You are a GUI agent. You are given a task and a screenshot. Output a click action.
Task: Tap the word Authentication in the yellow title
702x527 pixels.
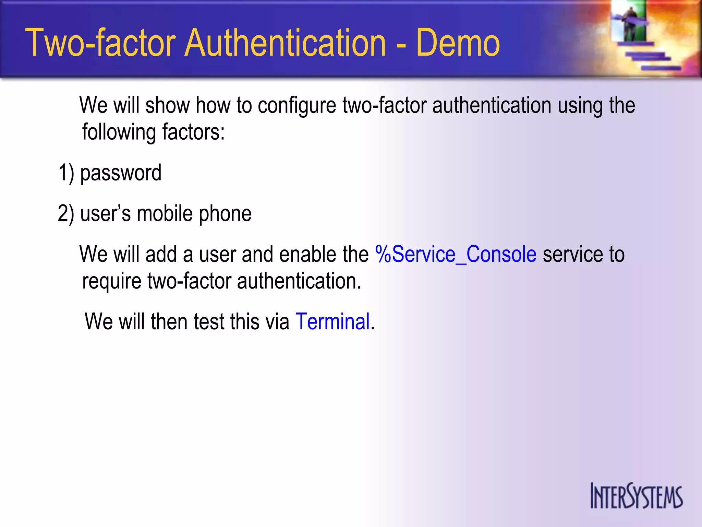coord(285,43)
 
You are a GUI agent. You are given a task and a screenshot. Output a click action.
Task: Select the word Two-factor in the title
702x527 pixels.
coord(101,43)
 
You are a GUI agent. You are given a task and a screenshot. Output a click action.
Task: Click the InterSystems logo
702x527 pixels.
coord(636,495)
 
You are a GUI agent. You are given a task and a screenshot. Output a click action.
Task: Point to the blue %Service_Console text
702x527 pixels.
coord(456,254)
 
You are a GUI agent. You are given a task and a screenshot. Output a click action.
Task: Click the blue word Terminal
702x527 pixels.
coord(332,321)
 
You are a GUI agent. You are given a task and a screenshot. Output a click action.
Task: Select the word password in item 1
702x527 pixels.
coord(121,173)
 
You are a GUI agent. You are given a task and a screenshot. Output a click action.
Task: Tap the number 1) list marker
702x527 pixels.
coord(66,173)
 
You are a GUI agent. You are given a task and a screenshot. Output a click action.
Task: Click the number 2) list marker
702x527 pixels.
coord(66,214)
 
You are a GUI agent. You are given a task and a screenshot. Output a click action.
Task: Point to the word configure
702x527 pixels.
coord(297,106)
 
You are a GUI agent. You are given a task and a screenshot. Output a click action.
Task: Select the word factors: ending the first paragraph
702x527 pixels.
coord(193,132)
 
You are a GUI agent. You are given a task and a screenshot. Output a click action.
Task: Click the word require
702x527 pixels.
coord(112,281)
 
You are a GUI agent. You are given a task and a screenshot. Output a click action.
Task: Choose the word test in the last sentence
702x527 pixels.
coord(209,321)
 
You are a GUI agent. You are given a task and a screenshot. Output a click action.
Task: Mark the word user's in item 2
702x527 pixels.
coord(106,214)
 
